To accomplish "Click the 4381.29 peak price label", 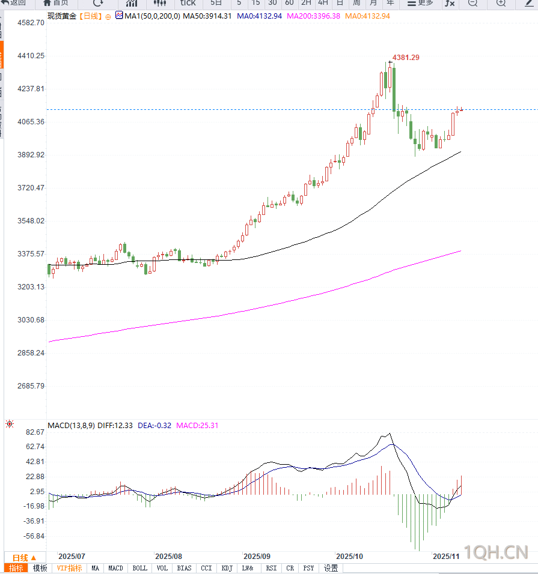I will point(406,57).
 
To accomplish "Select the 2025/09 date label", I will point(257,557).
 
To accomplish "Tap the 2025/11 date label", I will point(447,557).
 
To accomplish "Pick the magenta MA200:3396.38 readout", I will point(314,16).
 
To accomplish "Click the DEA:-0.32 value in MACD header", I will point(154,426).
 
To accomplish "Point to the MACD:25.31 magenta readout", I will point(197,426).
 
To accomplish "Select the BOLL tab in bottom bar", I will point(139,568).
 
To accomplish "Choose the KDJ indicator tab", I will point(227,568).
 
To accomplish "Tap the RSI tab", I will point(272,568).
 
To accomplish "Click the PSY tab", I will point(308,568).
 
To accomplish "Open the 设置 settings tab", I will point(331,568).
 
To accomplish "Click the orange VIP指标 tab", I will point(69,568).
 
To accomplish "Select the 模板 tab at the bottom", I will point(40,568).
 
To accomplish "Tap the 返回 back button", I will point(15,2).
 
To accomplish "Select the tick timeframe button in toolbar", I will point(188,2).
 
